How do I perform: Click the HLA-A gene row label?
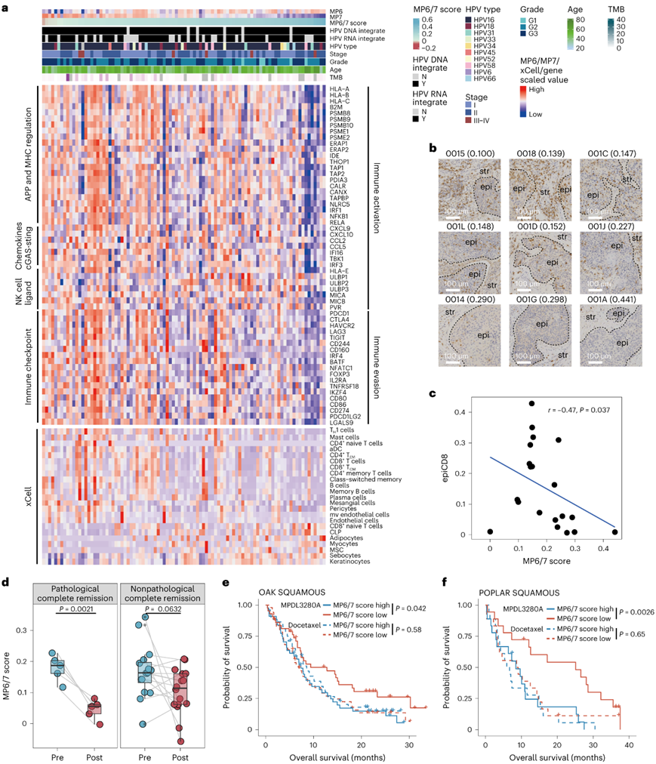[340, 89]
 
